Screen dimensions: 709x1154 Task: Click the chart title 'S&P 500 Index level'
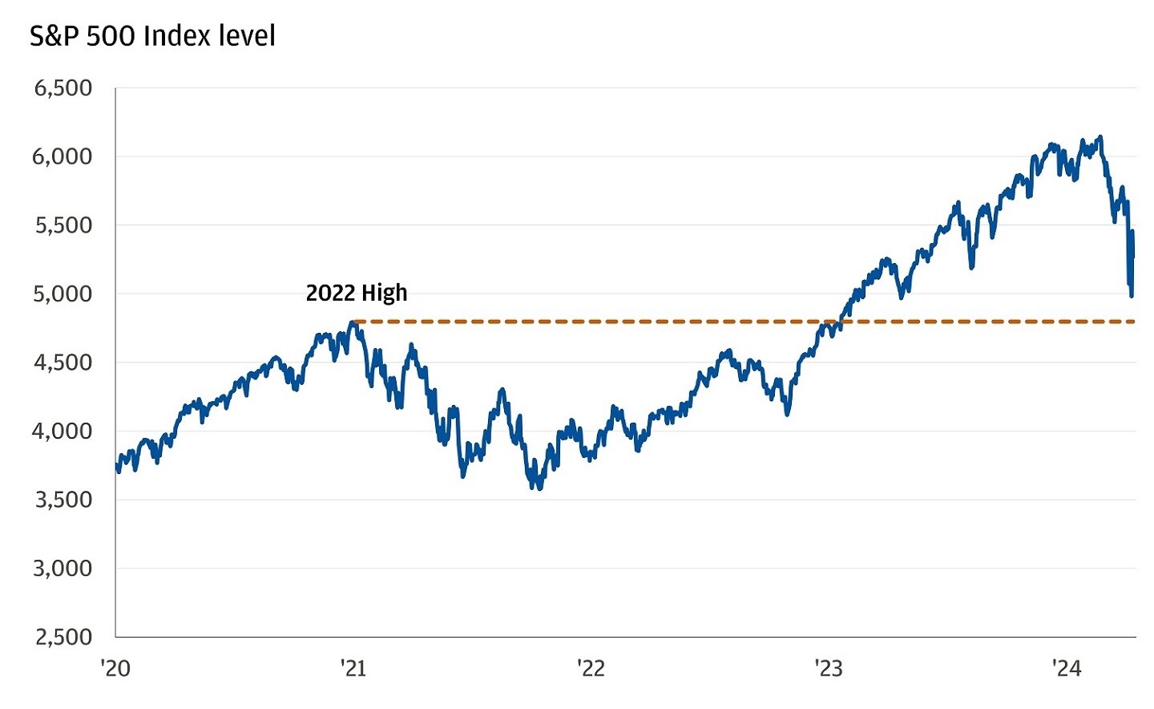pyautogui.click(x=152, y=36)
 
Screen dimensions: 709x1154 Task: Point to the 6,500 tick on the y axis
pyautogui.click(x=63, y=88)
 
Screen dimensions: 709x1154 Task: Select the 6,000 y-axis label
pyautogui.click(x=63, y=156)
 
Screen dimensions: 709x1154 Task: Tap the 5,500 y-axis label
pyautogui.click(x=63, y=225)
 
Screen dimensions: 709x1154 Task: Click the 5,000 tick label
pyautogui.click(x=63, y=294)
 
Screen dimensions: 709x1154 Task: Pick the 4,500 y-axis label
pyautogui.click(x=63, y=363)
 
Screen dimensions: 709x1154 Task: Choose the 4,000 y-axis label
pyautogui.click(x=63, y=431)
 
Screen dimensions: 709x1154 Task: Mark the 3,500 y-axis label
pyautogui.click(x=63, y=500)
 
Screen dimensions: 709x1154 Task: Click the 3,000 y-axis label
pyautogui.click(x=63, y=569)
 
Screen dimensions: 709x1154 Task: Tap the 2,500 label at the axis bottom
pyautogui.click(x=63, y=638)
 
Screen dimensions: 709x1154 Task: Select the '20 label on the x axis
pyautogui.click(x=115, y=668)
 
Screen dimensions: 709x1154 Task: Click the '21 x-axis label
pyautogui.click(x=353, y=668)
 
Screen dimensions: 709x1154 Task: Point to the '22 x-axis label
pyautogui.click(x=591, y=668)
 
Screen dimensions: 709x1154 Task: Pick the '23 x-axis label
pyautogui.click(x=829, y=668)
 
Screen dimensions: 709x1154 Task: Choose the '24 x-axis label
pyautogui.click(x=1066, y=668)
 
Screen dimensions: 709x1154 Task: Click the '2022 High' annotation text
pyautogui.click(x=357, y=293)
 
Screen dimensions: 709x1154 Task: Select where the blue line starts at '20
pyautogui.click(x=117, y=464)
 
